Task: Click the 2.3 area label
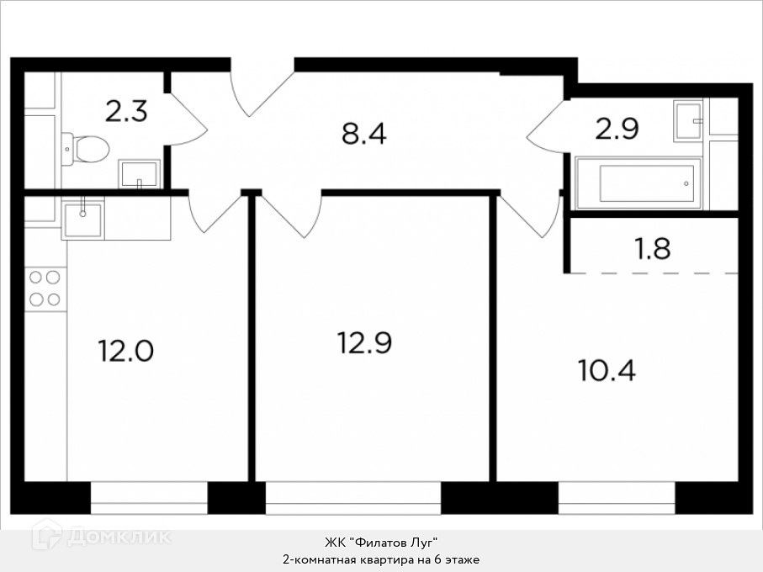126,111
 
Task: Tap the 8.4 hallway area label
364,134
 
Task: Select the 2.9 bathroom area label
617,129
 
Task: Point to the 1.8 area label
653,248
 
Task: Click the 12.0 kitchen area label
126,351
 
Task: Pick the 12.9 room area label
364,342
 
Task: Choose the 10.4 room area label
607,370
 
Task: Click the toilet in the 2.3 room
86,149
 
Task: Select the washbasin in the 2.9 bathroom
688,120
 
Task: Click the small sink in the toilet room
139,174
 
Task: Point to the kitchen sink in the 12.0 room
82,220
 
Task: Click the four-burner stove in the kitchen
45,289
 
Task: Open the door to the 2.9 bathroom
547,127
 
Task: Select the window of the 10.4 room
617,498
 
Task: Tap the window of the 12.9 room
353,498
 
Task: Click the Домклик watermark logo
101,536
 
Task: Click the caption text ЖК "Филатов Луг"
382,542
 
